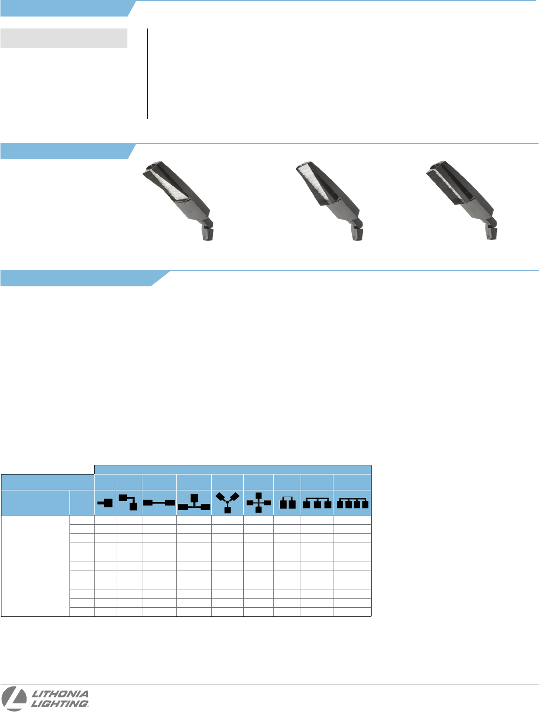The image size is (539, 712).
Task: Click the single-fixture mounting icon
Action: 105,503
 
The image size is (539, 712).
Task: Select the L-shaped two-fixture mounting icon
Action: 128,503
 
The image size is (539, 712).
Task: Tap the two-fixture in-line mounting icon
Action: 159,503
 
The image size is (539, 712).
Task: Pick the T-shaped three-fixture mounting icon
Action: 194,503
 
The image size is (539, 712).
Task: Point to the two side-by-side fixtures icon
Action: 288,503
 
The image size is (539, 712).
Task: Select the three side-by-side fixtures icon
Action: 317,503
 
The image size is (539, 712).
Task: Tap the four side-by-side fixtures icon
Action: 352,503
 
